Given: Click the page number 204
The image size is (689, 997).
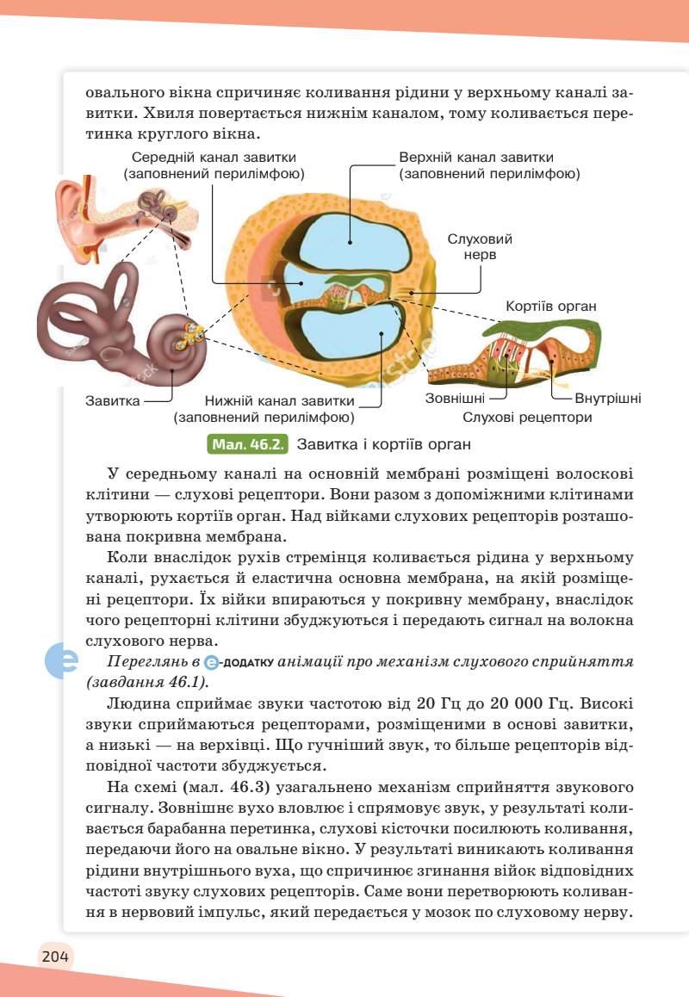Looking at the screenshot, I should click(53, 956).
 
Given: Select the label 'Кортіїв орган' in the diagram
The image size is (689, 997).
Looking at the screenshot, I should click(551, 307).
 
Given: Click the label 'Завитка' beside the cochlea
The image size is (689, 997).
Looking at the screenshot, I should click(112, 400).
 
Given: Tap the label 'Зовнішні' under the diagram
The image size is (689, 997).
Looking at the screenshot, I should click(455, 399).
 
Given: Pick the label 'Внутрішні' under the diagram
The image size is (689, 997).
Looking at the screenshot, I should click(607, 399).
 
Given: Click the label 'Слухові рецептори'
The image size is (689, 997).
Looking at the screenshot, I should click(527, 418).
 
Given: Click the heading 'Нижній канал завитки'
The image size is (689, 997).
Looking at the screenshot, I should click(280, 400).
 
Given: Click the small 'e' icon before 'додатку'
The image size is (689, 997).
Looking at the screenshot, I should click(211, 662).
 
